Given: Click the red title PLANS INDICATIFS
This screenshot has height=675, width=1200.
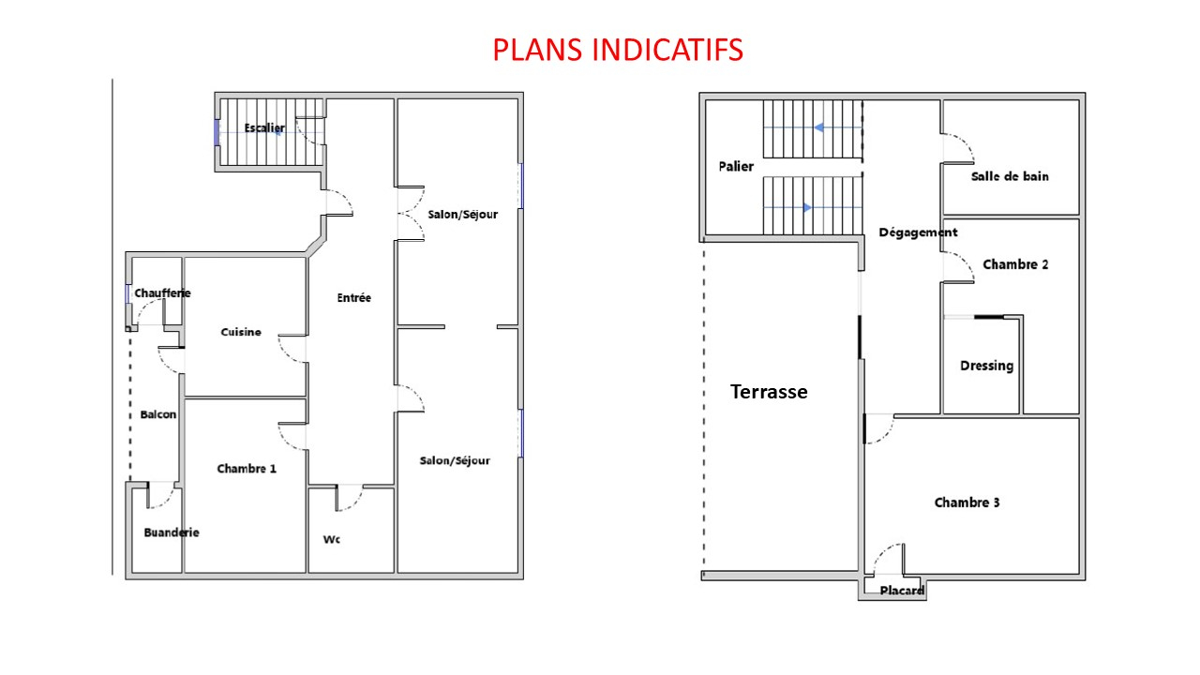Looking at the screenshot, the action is [x=618, y=50].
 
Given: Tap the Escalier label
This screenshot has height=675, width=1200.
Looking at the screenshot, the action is [x=264, y=128].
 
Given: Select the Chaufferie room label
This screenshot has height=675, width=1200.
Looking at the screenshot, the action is [x=162, y=293].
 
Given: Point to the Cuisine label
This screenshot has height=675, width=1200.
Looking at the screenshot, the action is [x=241, y=332].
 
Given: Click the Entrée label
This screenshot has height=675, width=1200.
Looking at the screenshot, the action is [x=354, y=298].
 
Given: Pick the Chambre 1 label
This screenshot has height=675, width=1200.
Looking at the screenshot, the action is [x=247, y=469].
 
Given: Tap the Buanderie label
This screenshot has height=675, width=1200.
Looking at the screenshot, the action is [x=172, y=532].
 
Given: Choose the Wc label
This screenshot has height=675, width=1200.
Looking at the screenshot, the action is [x=331, y=539].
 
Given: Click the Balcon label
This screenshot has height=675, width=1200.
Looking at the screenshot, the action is [x=158, y=414].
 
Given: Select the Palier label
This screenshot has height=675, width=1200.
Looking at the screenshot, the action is [x=736, y=167].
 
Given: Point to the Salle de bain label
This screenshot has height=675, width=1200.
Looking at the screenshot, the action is [x=1010, y=176].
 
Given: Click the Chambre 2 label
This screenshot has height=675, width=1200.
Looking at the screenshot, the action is [x=1015, y=264].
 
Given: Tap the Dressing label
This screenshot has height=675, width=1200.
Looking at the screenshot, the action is [x=987, y=366].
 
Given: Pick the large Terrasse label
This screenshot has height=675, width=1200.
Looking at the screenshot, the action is [x=769, y=392].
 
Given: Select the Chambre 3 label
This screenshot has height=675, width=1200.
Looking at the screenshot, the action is [x=967, y=502].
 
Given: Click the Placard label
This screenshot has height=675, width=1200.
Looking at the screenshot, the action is [x=902, y=591].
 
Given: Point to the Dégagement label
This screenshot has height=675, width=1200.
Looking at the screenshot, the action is [x=918, y=232].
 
